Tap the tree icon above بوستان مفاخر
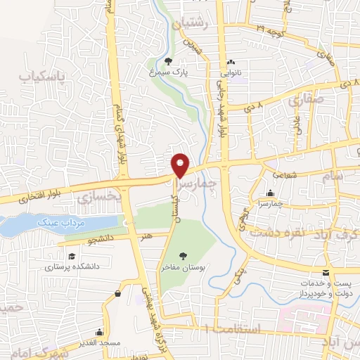pyautogui.click(x=184, y=257)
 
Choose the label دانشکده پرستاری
pyautogui.click(x=70, y=267)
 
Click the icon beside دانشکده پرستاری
pyautogui.click(x=70, y=256)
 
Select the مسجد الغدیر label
pyautogui.click(x=99, y=342)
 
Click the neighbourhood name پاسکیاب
pyautogui.click(x=40, y=75)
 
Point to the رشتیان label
pyautogui.click(x=195, y=22)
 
